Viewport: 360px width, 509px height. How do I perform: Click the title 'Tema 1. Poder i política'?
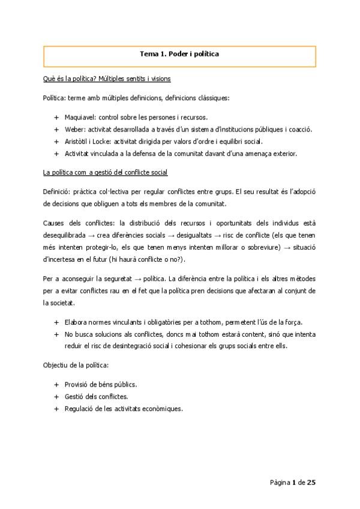click(x=179, y=54)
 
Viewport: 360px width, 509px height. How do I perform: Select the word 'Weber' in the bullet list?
click(x=74, y=129)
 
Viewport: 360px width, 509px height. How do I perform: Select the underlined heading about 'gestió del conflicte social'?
click(x=105, y=173)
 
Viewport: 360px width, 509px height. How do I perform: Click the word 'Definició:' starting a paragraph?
click(x=58, y=191)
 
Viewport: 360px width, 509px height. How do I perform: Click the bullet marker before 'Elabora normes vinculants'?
click(x=56, y=322)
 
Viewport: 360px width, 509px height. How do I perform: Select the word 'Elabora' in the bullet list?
click(x=77, y=322)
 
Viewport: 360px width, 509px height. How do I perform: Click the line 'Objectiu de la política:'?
click(x=76, y=365)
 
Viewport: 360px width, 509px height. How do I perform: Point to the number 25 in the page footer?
click(x=311, y=482)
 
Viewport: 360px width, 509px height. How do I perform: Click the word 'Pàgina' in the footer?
click(x=280, y=482)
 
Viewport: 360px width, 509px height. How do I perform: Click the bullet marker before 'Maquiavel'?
click(x=56, y=117)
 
